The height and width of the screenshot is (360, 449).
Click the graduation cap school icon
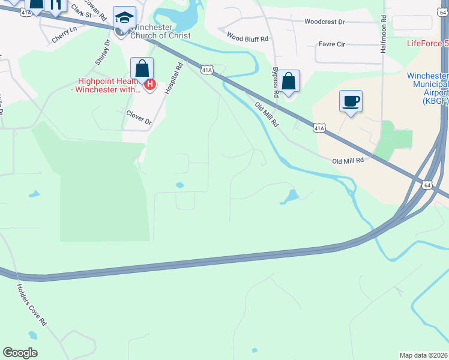click(x=124, y=19)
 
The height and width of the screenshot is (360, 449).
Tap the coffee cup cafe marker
click(x=351, y=101)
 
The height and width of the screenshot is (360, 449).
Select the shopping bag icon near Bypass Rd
click(x=288, y=81)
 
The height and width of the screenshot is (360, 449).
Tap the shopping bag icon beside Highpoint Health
click(x=142, y=69)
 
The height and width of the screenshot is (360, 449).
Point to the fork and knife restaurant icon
click(x=55, y=5)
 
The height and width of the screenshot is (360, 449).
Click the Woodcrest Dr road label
click(x=325, y=22)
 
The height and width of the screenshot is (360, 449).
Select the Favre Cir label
click(x=331, y=44)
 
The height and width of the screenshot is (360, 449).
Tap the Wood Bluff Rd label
click(x=247, y=37)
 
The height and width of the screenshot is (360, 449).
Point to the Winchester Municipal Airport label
click(x=427, y=84)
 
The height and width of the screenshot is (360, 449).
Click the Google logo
click(x=20, y=353)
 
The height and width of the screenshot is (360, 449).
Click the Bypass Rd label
click(x=276, y=82)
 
